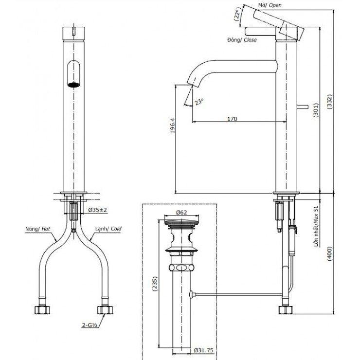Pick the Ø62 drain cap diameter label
[x=181, y=212]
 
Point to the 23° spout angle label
[x=198, y=102]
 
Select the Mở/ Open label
[x=270, y=5]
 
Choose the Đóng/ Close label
[x=241, y=40]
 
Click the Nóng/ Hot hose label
[x=39, y=228]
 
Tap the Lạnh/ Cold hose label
[x=109, y=228]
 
